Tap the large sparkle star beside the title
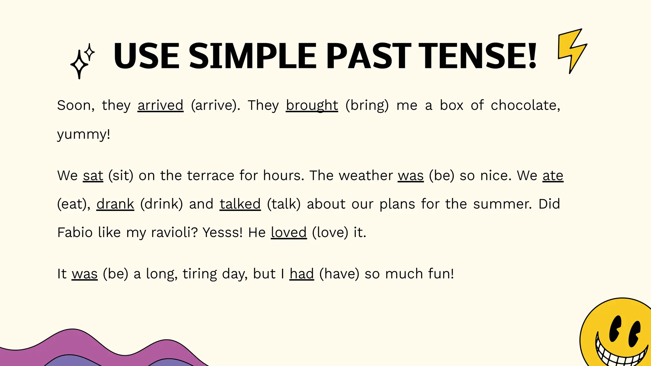(79, 65)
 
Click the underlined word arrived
(161, 105)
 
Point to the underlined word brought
(312, 105)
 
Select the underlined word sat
(93, 176)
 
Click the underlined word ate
(553, 176)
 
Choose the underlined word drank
(115, 204)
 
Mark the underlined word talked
(240, 204)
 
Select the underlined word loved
(289, 233)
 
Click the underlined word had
(302, 274)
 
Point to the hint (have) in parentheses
(339, 274)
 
